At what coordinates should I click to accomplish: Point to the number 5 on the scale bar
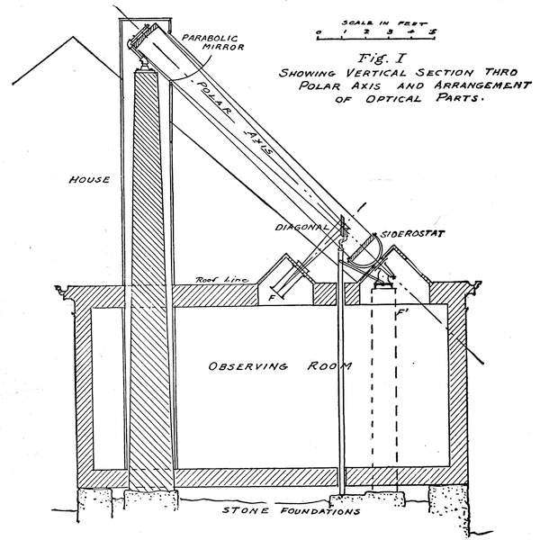pos(434,31)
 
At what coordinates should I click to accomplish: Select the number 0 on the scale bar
pos(319,31)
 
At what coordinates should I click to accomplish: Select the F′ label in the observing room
pos(401,314)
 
